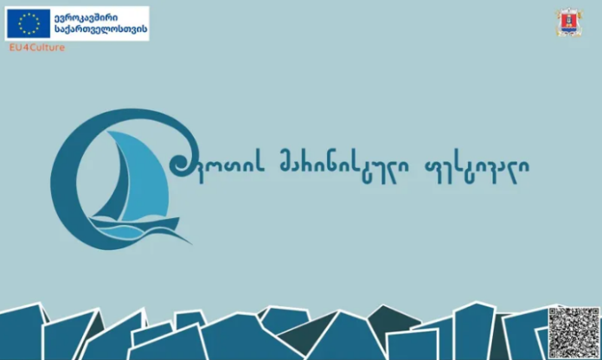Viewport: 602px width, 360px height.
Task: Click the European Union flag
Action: click(29, 23)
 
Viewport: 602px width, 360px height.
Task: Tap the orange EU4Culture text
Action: click(37, 48)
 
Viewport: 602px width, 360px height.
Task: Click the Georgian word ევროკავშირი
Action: click(86, 17)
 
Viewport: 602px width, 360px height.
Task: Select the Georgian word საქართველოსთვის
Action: click(100, 29)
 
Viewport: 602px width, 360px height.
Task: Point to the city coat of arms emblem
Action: click(568, 22)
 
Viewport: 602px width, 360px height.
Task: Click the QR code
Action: click(573, 332)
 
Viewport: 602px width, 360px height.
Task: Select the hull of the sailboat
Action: click(134, 223)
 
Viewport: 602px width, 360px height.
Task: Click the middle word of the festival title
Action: click(343, 168)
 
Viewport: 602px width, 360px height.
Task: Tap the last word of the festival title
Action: click(477, 169)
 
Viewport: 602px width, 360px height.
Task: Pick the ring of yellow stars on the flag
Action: click(29, 23)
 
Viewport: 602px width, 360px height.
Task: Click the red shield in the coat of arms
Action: click(568, 21)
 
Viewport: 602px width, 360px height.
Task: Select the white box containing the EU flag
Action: click(77, 23)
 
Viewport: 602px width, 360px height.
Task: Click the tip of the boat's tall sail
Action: click(107, 132)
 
